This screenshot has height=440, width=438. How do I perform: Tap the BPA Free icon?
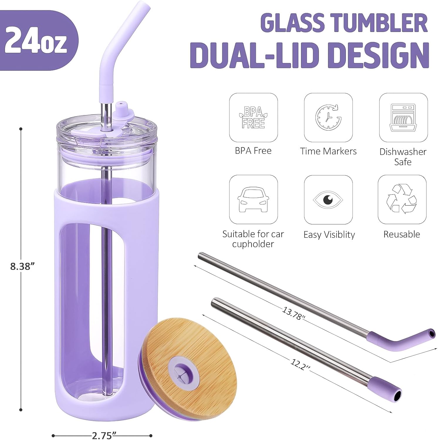tap(253, 117)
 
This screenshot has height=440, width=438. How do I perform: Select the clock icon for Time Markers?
tap(328, 117)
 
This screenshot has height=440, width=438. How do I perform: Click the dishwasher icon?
tap(403, 117)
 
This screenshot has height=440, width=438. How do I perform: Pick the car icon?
tap(253, 199)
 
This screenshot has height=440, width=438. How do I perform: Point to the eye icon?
tap(328, 199)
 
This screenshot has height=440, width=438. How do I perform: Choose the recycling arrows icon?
tap(402, 199)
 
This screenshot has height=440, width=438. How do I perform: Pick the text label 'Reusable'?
tap(402, 234)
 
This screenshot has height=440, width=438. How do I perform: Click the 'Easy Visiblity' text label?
tap(329, 235)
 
